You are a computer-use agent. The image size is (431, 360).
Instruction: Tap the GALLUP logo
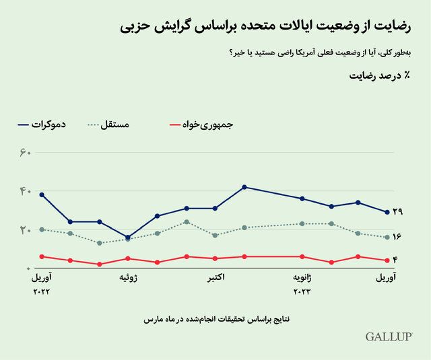[388, 336]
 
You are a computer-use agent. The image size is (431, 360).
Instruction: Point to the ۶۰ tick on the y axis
[26, 153]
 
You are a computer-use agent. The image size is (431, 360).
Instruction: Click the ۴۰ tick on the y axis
[26, 191]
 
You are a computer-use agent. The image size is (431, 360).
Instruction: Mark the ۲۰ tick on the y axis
[26, 230]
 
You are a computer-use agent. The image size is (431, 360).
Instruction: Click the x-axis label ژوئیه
[128, 277]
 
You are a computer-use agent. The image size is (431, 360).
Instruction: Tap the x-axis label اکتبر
[214, 277]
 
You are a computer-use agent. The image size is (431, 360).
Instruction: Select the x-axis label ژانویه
[302, 277]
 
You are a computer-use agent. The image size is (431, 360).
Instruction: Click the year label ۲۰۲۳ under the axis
[302, 292]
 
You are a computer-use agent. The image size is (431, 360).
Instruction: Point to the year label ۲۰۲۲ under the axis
[41, 292]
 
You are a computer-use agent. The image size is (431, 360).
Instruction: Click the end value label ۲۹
[397, 213]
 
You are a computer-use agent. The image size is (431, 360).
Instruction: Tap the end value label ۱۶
[397, 237]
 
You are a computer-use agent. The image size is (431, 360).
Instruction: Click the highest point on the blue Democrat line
[244, 186]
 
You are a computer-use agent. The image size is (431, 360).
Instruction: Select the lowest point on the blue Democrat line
[127, 237]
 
